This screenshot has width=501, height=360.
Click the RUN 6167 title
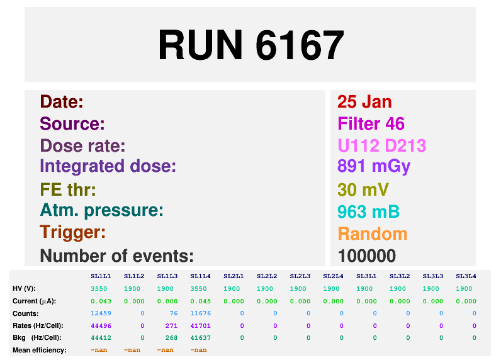click(x=251, y=45)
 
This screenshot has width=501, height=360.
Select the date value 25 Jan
click(x=364, y=102)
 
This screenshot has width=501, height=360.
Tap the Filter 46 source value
click(x=371, y=123)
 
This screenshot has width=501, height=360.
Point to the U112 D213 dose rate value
click(x=382, y=145)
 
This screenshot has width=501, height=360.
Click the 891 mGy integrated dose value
click(x=374, y=167)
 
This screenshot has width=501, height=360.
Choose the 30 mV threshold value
click(x=363, y=189)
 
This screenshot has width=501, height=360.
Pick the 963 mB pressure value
click(x=368, y=211)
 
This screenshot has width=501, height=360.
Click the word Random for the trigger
click(x=373, y=234)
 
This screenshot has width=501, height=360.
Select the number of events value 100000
click(x=367, y=256)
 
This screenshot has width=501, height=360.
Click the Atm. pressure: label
click(x=101, y=211)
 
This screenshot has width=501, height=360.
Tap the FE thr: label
click(x=68, y=189)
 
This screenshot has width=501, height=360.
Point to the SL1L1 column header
click(x=101, y=276)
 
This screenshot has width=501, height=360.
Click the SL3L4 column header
click(x=466, y=276)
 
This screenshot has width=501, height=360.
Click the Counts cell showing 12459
click(x=101, y=313)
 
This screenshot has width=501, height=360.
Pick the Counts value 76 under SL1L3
click(x=174, y=313)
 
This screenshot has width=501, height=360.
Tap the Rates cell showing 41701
click(x=201, y=326)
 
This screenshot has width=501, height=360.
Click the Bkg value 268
click(x=171, y=338)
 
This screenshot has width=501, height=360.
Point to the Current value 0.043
click(x=101, y=301)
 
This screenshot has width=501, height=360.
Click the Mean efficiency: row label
click(x=39, y=351)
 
